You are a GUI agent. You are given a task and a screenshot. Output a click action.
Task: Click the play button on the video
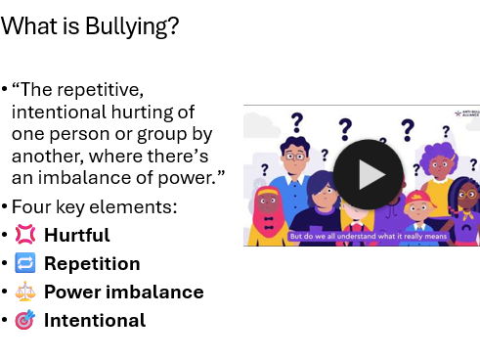[368, 174]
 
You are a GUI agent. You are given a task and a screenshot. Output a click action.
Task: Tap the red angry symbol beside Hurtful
[24, 235]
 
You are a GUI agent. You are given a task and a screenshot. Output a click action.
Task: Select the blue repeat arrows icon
[24, 263]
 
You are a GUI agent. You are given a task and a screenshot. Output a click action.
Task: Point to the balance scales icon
[24, 292]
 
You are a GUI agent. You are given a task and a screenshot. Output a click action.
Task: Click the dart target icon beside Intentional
[24, 320]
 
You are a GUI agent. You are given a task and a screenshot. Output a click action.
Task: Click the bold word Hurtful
[76, 236]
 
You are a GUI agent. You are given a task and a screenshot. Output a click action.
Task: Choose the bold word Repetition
[92, 264]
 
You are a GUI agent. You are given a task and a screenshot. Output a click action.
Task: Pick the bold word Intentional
[94, 321]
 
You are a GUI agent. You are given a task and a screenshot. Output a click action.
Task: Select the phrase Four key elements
[93, 207]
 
